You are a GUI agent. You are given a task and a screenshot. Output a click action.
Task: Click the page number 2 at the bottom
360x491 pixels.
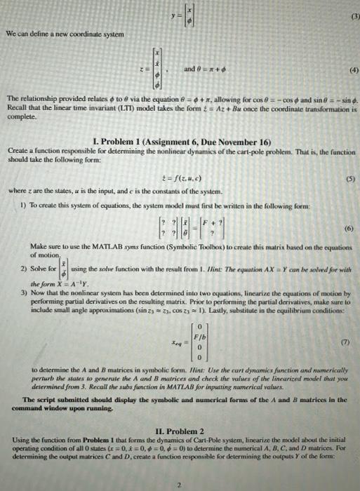click(180, 483)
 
